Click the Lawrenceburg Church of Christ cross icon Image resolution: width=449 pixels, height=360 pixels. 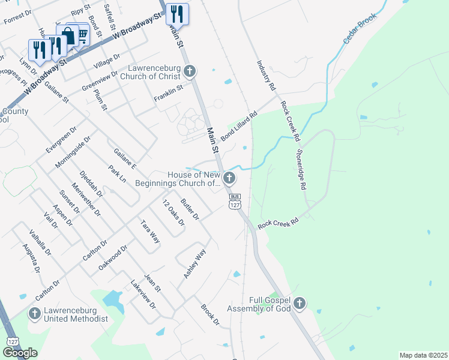click(190, 72)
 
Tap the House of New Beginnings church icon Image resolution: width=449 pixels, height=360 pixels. click(229, 178)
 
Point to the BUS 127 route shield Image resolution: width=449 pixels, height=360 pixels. click(235, 201)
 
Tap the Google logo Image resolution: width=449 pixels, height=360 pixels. click(20, 353)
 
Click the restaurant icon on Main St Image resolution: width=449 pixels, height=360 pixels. click(177, 13)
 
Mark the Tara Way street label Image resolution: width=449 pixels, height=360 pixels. click(150, 231)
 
